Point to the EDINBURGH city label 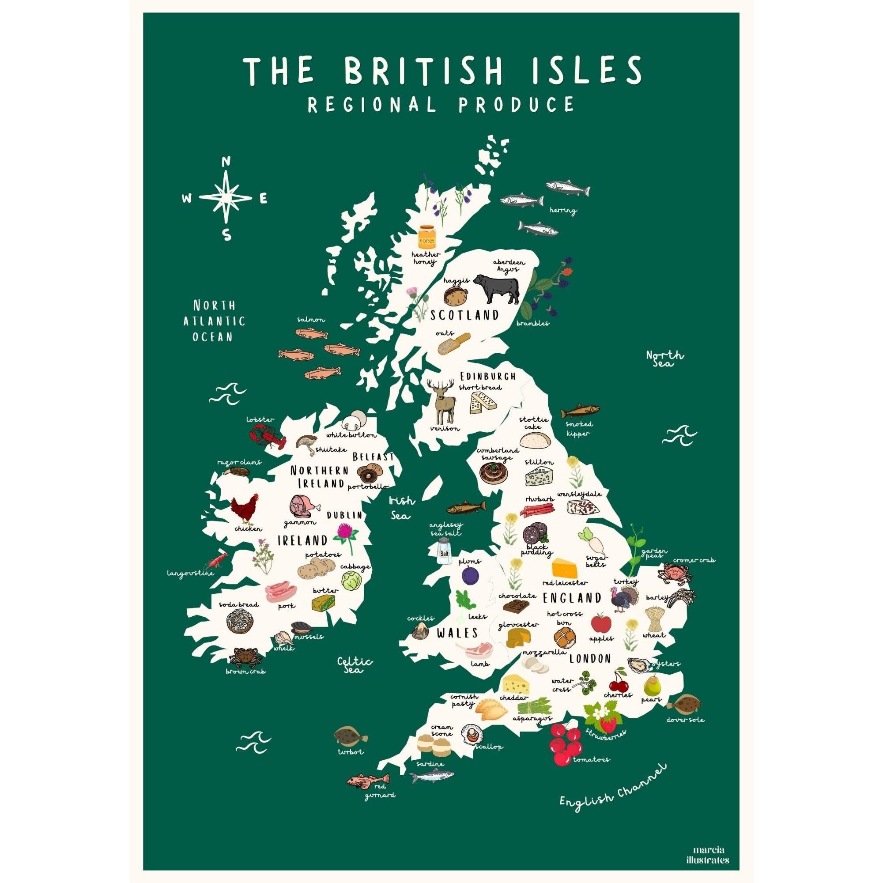click(x=488, y=377)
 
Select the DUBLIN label click(x=344, y=515)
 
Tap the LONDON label click(x=589, y=659)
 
